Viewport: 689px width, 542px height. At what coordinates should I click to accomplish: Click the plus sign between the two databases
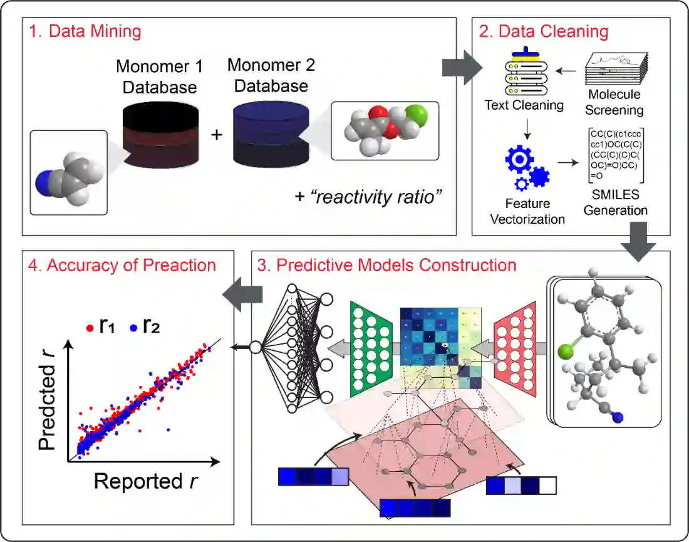coord(217,135)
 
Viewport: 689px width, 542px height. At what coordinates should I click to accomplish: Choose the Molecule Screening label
coord(614,102)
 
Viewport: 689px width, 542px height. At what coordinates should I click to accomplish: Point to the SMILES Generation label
coord(615,202)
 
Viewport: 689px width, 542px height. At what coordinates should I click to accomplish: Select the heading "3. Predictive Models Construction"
coord(386,264)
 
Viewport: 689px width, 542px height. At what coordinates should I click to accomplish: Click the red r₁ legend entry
coord(101,326)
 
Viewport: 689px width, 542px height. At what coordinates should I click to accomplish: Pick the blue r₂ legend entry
coord(143,326)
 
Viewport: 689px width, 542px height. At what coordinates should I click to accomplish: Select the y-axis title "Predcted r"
coord(48,400)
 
